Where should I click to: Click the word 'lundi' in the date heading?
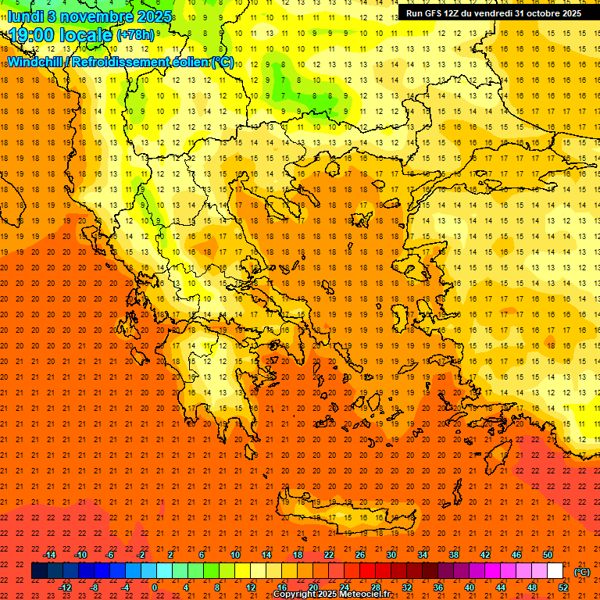coord(24,16)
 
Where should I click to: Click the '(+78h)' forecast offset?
coord(134,35)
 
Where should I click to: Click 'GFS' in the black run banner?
coord(437,13)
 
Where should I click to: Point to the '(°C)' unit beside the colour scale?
coord(581,572)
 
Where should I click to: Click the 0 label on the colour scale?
coord(154,587)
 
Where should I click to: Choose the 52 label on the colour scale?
coord(562,587)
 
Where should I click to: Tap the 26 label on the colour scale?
coord(359,555)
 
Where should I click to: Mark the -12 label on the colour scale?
coord(66,587)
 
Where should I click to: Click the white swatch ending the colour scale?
coord(555,571)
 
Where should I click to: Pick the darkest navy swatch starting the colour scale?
coord(39,571)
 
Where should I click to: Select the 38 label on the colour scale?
coord(453,555)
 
